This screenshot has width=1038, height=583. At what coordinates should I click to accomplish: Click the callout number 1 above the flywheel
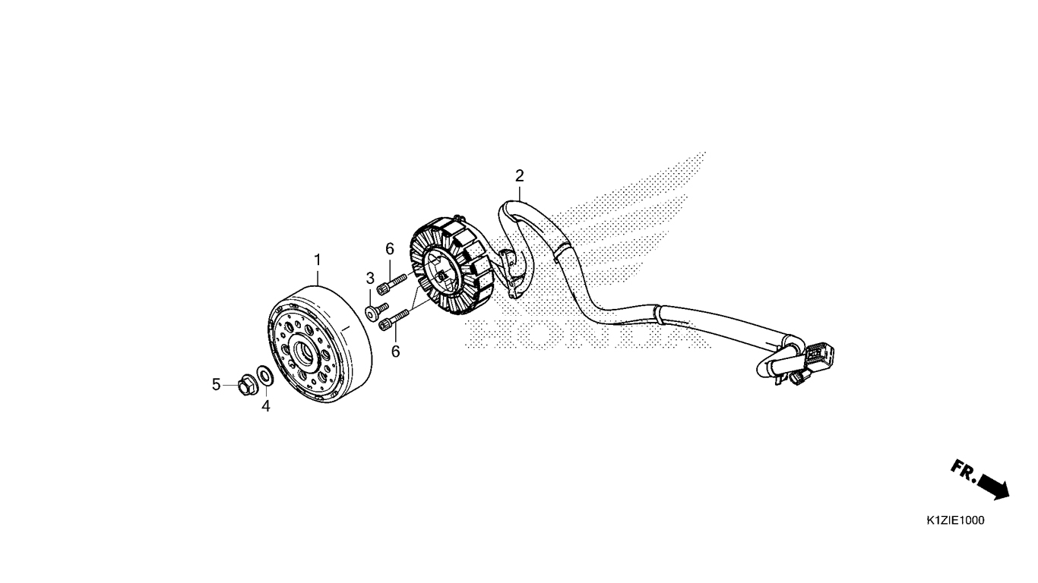(318, 260)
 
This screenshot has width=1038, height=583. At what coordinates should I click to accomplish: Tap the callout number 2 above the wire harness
(520, 176)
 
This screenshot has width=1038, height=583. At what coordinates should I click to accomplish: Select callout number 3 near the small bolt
(370, 279)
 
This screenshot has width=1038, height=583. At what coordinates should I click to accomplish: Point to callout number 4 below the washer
(265, 406)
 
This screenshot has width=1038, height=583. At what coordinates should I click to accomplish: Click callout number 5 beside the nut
(216, 384)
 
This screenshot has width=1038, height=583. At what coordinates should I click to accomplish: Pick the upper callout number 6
(390, 249)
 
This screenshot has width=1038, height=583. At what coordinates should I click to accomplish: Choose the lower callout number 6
(395, 351)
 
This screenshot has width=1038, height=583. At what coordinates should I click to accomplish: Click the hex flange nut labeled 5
(246, 386)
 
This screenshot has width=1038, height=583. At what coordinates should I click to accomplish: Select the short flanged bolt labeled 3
(376, 312)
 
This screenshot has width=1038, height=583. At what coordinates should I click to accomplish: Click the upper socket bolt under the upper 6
(392, 284)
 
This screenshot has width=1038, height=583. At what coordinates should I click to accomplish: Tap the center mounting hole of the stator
(441, 275)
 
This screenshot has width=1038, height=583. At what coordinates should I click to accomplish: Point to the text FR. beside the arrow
(964, 472)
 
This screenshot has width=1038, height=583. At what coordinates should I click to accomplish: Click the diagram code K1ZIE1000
(955, 520)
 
